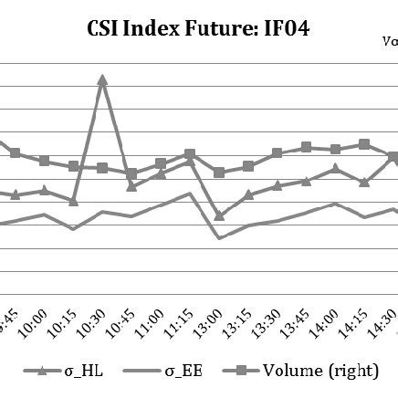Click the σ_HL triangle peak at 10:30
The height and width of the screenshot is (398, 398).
point(102,79)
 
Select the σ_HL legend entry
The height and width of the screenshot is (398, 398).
point(55,370)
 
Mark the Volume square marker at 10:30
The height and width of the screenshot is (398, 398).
point(102,168)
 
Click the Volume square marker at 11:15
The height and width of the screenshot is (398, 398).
point(190,154)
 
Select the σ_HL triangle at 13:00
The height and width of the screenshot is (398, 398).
point(219,216)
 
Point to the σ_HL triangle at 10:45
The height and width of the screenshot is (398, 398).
point(131,187)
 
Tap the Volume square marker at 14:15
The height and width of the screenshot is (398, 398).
point(364,144)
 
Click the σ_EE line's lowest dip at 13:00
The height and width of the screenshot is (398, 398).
point(219,238)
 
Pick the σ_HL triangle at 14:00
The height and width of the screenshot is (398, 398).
point(335,168)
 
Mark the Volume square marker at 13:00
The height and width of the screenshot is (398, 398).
point(219,173)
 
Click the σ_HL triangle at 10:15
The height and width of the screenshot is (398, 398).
point(73,201)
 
